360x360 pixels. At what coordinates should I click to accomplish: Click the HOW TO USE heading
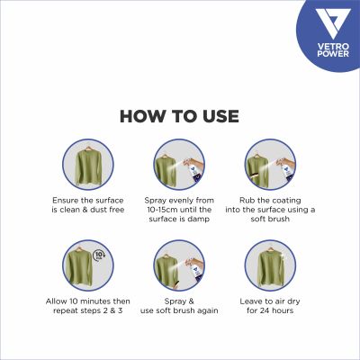pyautogui.click(x=179, y=116)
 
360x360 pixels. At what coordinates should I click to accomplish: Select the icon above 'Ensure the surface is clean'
pyautogui.click(x=88, y=165)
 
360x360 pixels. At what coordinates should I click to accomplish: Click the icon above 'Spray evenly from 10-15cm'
pyautogui.click(x=180, y=165)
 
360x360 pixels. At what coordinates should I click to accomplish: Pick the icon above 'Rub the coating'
pyautogui.click(x=272, y=165)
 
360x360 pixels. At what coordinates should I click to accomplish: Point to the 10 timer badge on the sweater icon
pyautogui.click(x=102, y=253)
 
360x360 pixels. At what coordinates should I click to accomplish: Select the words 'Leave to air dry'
pyautogui.click(x=272, y=299)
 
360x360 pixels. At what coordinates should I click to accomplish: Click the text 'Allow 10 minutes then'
pyautogui.click(x=88, y=299)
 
